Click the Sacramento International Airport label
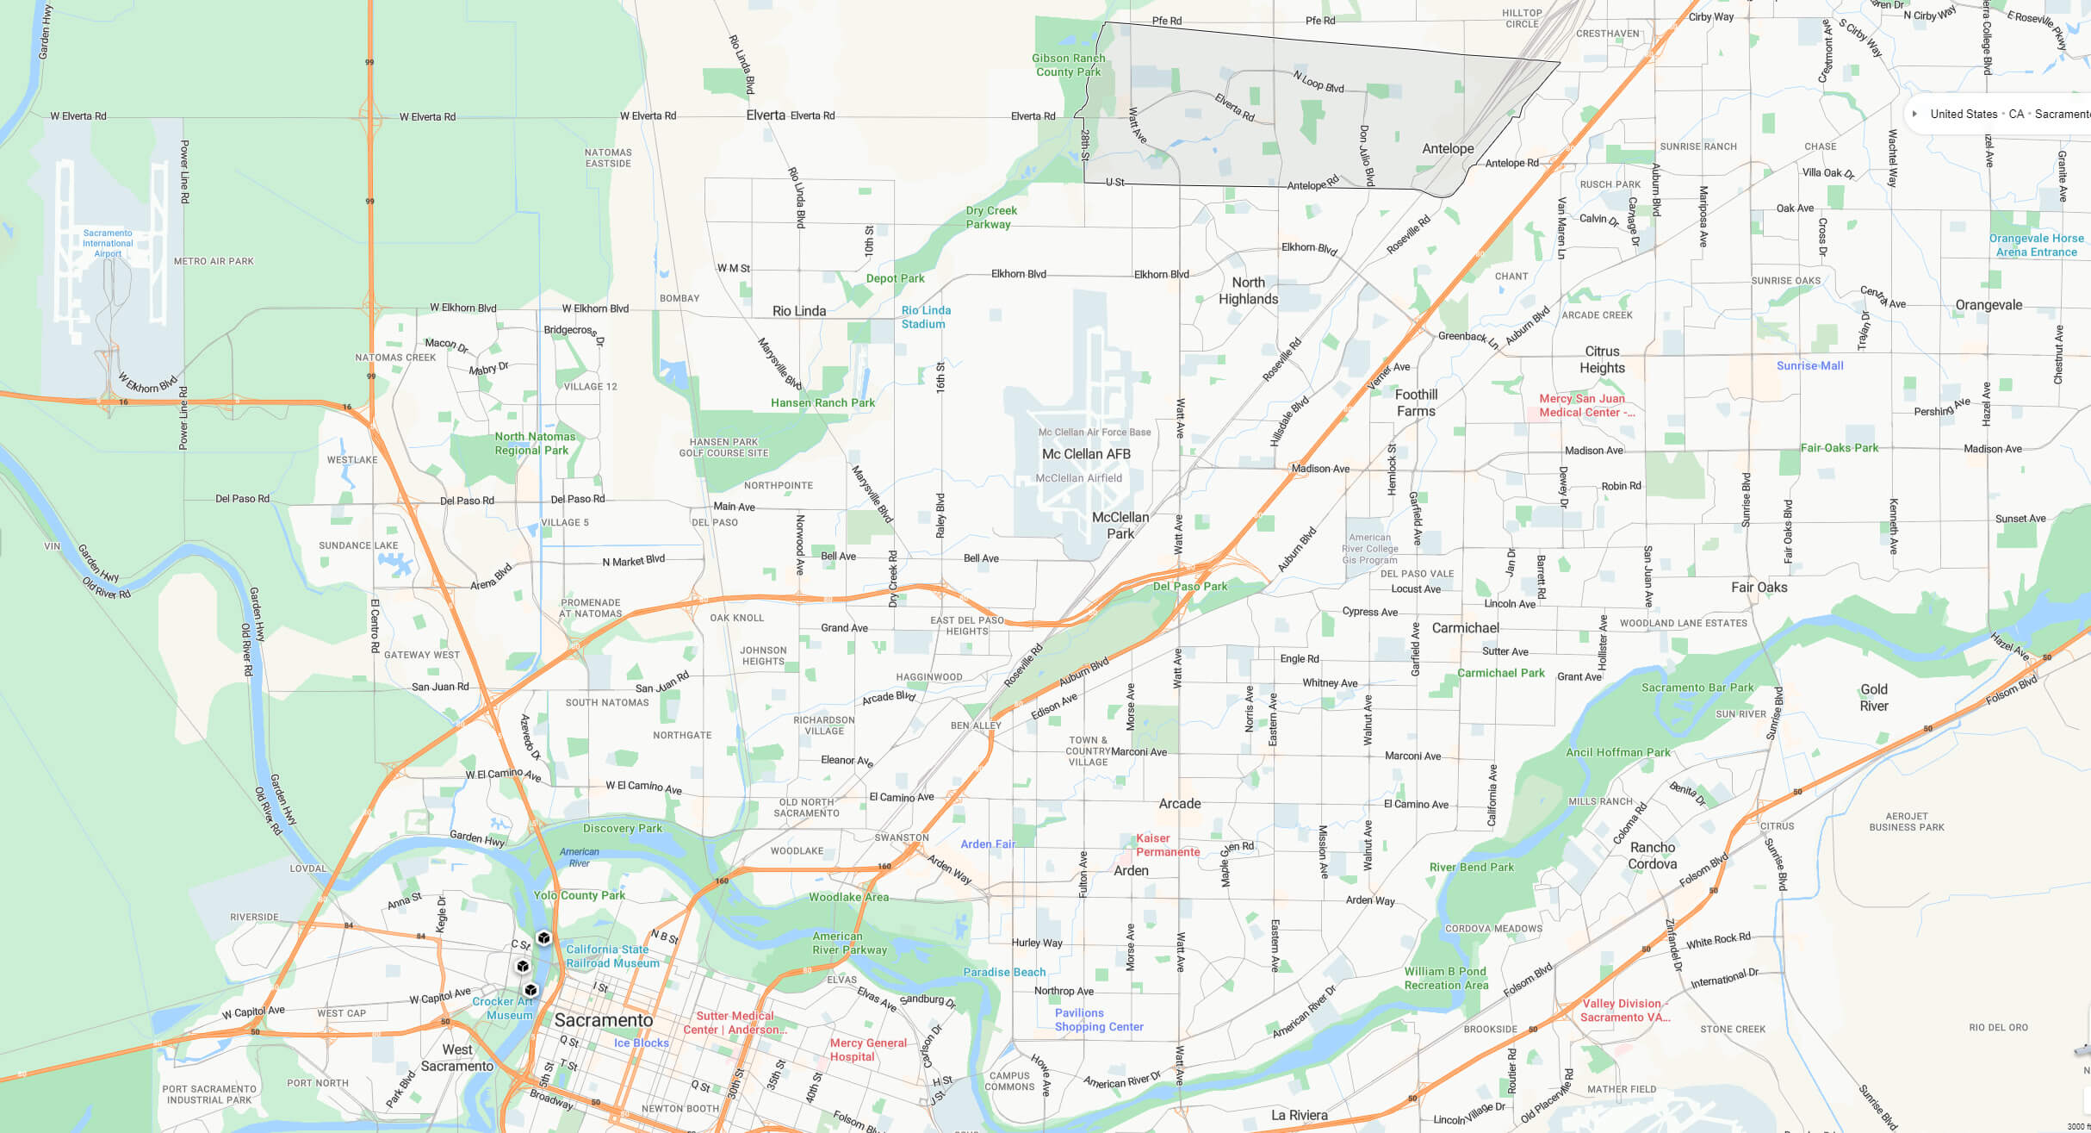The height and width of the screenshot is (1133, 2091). point(108,243)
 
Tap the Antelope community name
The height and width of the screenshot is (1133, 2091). point(1448,149)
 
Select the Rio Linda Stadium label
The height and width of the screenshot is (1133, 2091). point(926,317)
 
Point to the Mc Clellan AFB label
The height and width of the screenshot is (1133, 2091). point(1086,454)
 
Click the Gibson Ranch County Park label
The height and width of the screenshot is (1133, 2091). point(1068,65)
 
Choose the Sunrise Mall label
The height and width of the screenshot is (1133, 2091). point(1809,366)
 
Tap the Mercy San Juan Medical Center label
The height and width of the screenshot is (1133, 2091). point(1586,406)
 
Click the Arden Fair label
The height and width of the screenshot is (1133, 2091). point(988,844)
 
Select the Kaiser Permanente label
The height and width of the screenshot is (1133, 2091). point(1167,845)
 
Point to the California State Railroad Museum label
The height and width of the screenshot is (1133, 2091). point(612,956)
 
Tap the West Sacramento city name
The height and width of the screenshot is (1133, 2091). point(456,1058)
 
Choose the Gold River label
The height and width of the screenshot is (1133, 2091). point(1873,698)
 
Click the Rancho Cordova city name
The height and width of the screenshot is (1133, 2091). point(1652,856)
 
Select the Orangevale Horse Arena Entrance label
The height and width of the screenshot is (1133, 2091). point(2036,246)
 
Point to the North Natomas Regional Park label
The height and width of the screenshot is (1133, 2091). point(534,444)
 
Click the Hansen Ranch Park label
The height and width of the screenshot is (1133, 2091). point(822,403)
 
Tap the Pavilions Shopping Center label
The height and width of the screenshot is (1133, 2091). point(1098,1020)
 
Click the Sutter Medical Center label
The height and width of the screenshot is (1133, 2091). point(735,1023)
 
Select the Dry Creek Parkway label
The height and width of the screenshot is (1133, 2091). point(990,217)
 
